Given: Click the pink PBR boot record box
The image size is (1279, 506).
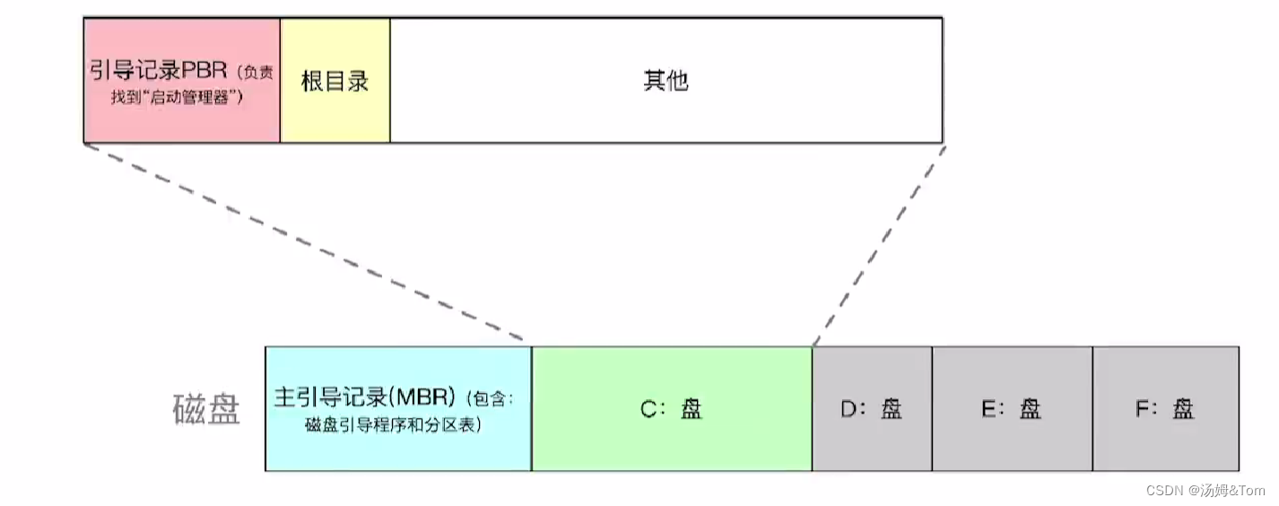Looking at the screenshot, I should [181, 81].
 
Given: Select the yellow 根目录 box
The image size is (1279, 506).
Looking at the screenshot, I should [335, 81].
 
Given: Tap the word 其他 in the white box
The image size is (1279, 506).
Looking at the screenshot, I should [666, 81].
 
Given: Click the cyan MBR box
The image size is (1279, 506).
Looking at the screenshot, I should [397, 409].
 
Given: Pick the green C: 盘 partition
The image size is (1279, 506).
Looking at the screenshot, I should [671, 409].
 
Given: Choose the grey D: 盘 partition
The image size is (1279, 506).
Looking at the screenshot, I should [872, 409].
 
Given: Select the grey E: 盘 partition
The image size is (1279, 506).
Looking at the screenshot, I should [1012, 409].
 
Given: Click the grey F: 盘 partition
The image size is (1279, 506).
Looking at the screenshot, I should [1165, 409].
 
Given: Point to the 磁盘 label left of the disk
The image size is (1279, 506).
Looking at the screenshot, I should [206, 410].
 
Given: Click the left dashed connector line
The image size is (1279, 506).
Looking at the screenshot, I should [305, 243].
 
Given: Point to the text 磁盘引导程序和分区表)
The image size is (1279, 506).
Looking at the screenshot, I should [394, 425].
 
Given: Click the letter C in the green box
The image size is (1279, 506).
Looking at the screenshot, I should [648, 410].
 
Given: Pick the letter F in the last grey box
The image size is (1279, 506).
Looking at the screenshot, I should [1141, 410].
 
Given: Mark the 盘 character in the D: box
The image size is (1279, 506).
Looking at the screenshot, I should [891, 410].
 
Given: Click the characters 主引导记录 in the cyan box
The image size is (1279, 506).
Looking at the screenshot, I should [329, 397].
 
